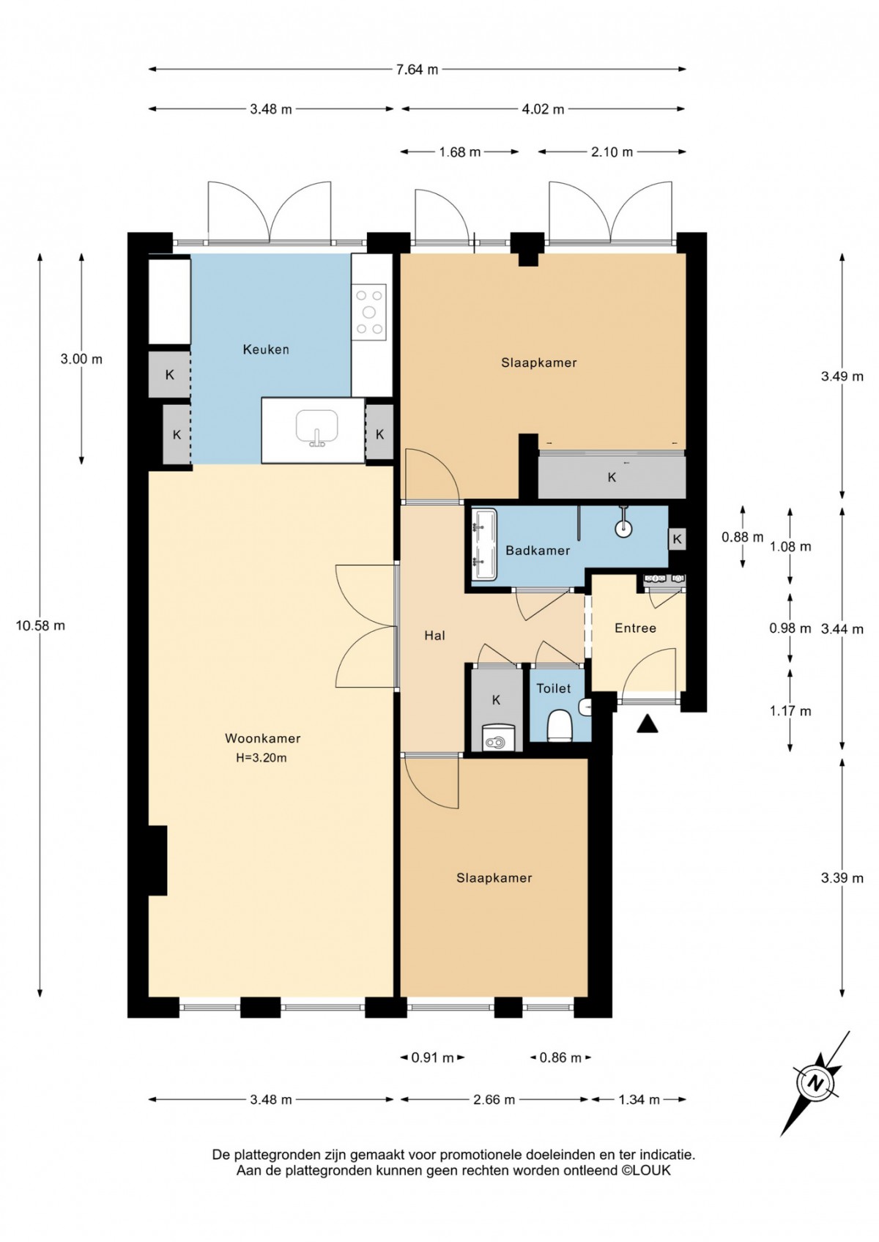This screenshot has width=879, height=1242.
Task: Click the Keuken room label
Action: (266, 349)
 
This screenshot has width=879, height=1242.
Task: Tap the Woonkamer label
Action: (262, 739)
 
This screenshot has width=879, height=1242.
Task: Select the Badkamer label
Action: (538, 551)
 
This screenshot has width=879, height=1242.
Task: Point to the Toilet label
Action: (553, 688)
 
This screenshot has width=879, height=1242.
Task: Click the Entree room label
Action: (635, 628)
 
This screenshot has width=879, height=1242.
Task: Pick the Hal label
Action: (434, 636)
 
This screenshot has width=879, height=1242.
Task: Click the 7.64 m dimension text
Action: (417, 70)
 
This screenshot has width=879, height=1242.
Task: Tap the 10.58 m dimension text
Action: (40, 626)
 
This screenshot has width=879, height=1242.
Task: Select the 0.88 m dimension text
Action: (742, 537)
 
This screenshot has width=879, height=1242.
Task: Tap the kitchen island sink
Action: (316, 428)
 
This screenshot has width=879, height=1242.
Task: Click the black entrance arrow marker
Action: (647, 724)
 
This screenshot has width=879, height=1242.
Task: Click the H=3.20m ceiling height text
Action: (262, 758)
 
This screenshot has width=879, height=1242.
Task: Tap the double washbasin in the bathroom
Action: (484, 545)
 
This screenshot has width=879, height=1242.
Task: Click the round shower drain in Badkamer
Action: (624, 527)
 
